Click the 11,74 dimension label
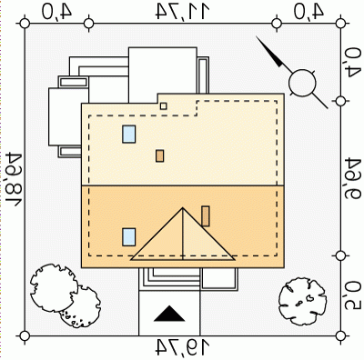coord(183,11)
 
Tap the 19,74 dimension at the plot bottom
coord(183,347)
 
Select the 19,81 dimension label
coord(14,179)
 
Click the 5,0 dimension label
coord(353,295)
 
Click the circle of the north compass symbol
coord(302,83)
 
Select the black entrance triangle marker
coord(169,314)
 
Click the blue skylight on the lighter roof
coord(129,135)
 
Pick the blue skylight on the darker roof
coord(129,237)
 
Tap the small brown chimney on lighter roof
coord(160,155)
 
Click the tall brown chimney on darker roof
coord(206,216)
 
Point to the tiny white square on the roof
coord(164,106)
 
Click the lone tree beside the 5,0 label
coord(302,302)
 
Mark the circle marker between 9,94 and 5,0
coord(340,256)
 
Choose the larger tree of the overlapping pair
coord(54,288)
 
